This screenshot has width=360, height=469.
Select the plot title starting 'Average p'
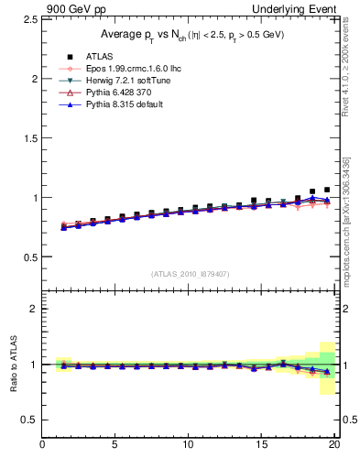[191, 35]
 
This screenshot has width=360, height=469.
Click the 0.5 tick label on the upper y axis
[28, 256]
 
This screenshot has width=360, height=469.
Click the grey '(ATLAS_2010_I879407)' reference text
[191, 274]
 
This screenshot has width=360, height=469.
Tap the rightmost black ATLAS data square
[327, 190]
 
